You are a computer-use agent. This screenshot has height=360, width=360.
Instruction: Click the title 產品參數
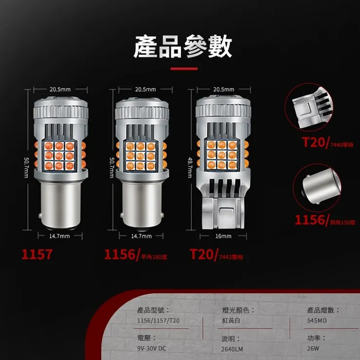pyautogui.click(x=182, y=47)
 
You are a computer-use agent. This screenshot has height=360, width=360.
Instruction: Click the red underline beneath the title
pyautogui.click(x=184, y=69)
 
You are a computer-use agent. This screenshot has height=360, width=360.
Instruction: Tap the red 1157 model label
pyautogui.click(x=36, y=254)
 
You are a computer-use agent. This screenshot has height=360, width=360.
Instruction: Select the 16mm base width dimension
pyautogui.click(x=223, y=236)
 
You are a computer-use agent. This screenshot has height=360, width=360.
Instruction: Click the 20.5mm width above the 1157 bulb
pyautogui.click(x=60, y=90)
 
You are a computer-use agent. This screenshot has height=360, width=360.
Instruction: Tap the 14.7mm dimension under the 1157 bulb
pyautogui.click(x=60, y=236)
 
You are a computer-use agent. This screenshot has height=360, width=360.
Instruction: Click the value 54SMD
pyautogui.click(x=317, y=321)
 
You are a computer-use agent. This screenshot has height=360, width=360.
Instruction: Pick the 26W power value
pyautogui.click(x=313, y=348)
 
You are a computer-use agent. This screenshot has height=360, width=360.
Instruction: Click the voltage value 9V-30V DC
pyautogui.click(x=152, y=348)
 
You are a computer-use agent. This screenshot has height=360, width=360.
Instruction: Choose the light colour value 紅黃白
pyautogui.click(x=231, y=321)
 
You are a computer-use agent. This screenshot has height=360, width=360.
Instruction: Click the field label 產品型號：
pyautogui.click(x=154, y=310)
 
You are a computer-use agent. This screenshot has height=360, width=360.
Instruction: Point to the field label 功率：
pyautogui.click(x=317, y=338)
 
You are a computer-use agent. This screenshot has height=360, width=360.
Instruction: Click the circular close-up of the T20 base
pyautogui.click(x=314, y=110)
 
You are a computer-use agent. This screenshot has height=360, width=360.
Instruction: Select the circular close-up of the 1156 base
pyautogui.click(x=315, y=187)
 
